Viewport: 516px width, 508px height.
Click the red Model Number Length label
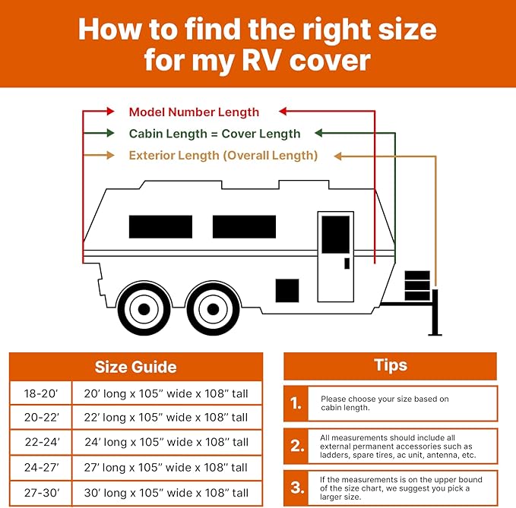point(194,112)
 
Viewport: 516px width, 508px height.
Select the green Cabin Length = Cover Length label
point(214,134)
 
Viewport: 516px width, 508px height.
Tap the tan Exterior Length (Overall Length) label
point(223,156)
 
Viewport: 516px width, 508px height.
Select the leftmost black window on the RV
point(160,226)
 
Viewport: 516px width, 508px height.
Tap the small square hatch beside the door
point(286,290)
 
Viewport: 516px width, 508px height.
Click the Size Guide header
point(135,367)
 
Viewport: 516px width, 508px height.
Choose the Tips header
point(391,365)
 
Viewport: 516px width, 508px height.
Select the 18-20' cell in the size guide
point(41,393)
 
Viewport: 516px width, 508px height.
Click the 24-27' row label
point(41,467)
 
